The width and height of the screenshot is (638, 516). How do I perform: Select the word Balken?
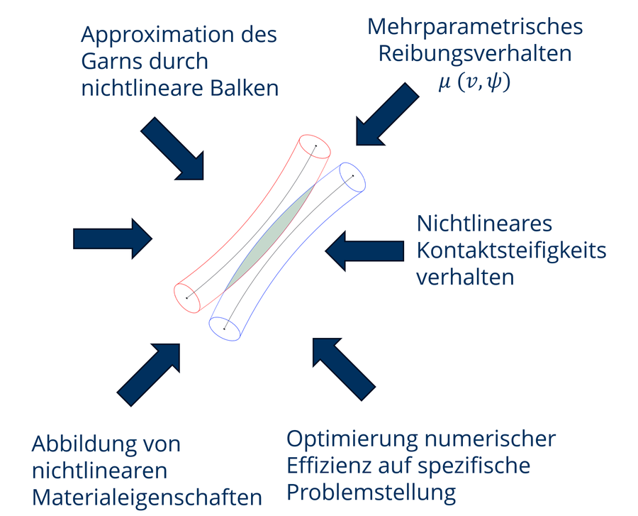click(244, 88)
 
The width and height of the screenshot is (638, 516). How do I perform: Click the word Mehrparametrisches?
click(475, 28)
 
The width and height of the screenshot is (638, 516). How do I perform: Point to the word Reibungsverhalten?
click(475, 54)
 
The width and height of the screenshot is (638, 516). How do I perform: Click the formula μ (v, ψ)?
click(474, 82)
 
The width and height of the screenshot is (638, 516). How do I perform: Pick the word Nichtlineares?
click(484, 224)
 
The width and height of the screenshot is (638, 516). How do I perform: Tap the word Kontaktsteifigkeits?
click(511, 251)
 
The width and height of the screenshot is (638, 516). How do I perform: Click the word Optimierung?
click(352, 440)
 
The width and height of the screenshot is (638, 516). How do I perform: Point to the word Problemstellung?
click(371, 493)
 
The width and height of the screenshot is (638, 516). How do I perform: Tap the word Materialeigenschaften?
click(147, 498)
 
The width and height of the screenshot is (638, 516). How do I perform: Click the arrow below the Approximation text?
click(172, 148)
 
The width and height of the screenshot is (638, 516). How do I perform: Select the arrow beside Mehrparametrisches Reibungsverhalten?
click(387, 114)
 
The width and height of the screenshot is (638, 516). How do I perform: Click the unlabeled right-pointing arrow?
click(113, 238)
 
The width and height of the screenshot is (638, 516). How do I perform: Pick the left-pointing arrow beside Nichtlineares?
click(364, 251)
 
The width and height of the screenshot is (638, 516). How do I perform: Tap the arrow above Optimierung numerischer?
click(345, 369)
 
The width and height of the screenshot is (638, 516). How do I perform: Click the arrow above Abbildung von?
click(149, 375)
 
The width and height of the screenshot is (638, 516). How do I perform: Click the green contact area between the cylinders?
click(270, 237)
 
